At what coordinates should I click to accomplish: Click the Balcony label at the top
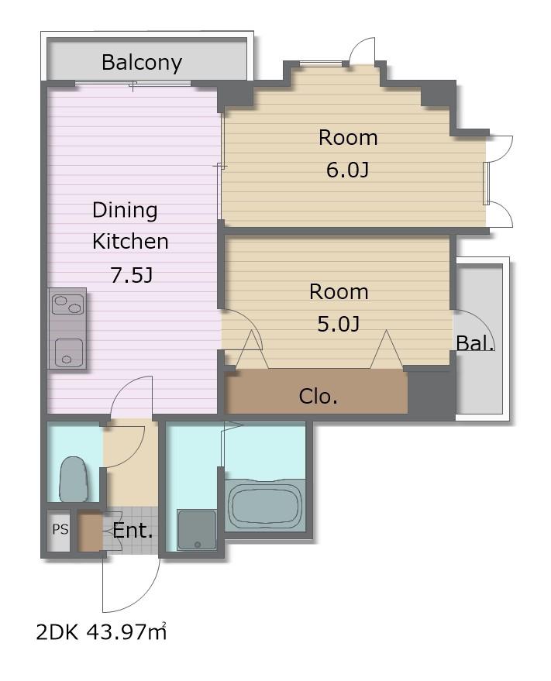[142, 63]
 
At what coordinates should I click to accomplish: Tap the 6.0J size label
[348, 170]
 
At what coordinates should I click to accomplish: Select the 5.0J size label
[339, 324]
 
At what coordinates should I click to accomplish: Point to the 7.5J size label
[131, 275]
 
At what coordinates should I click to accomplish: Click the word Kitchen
[130, 242]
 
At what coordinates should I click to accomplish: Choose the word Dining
[125, 211]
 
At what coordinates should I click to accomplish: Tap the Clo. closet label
[318, 396]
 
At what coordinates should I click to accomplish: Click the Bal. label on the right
[475, 343]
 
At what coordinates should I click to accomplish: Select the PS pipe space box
[60, 530]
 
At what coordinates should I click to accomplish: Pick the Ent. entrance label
[133, 530]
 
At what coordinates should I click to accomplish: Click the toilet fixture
[74, 479]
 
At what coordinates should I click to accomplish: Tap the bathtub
[265, 504]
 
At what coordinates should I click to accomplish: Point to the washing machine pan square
[197, 530]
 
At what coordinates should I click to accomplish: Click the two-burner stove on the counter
[67, 304]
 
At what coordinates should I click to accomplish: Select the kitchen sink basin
[69, 353]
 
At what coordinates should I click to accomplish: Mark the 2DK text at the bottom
[57, 633]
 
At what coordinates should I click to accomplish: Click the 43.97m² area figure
[127, 632]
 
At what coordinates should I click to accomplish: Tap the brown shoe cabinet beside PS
[91, 532]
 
